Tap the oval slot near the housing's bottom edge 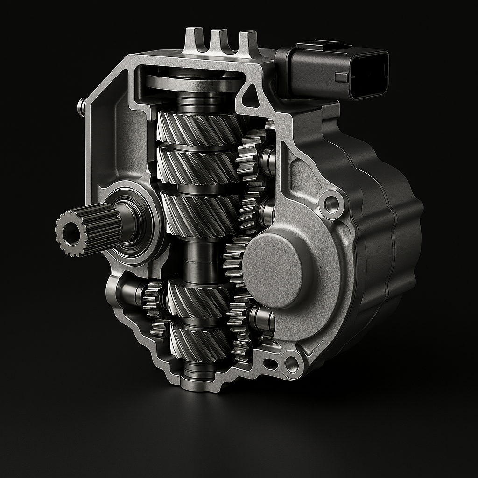coord(270,364)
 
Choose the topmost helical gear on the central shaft coord(198,128)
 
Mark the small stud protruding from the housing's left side coord(81,107)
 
